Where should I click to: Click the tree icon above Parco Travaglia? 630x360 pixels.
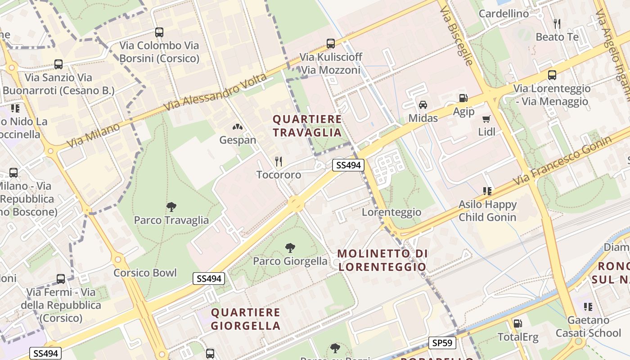(171, 207)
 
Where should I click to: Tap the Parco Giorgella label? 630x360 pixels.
(290, 261)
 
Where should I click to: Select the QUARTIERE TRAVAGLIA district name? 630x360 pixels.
(307, 126)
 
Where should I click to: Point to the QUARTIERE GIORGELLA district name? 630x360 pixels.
(246, 319)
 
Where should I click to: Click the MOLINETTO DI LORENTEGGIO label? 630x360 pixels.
(382, 260)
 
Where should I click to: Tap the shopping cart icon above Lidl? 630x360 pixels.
(486, 119)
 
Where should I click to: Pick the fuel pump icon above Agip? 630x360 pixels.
(463, 98)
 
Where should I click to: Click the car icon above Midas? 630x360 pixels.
(423, 105)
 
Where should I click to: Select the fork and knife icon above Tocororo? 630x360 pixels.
(279, 162)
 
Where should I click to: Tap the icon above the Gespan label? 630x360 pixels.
(238, 127)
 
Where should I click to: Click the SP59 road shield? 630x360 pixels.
(442, 343)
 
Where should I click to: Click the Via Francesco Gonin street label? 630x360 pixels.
(562, 160)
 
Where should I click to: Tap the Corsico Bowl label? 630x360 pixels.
(145, 273)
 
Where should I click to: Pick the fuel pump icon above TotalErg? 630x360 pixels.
(517, 323)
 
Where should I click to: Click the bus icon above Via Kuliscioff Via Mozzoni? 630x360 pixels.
(331, 44)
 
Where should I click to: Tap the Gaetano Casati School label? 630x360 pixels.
(588, 327)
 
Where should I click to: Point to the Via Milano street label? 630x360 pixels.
(94, 135)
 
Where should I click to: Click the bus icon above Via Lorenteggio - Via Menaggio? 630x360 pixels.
(552, 75)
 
